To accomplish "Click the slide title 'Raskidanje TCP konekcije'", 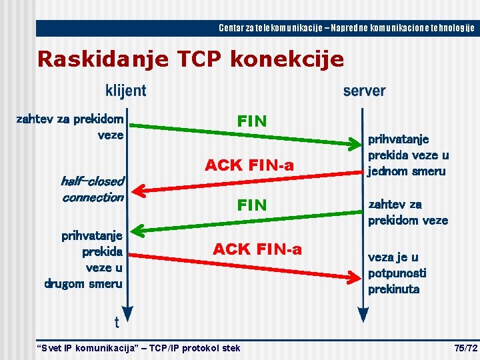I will [191, 59].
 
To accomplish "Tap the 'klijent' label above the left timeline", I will [125, 90].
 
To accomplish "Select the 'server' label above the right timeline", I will [364, 90].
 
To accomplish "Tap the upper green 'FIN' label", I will [252, 121].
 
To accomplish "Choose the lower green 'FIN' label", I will [252, 205].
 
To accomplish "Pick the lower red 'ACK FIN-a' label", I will [257, 249].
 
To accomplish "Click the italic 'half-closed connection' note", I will [93, 189].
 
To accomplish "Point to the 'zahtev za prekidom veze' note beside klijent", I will [70, 127].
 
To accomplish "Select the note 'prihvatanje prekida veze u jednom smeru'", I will [408, 155].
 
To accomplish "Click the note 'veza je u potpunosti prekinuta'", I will [397, 273].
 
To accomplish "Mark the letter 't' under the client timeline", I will [117, 323].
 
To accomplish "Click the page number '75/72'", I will [465, 348].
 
